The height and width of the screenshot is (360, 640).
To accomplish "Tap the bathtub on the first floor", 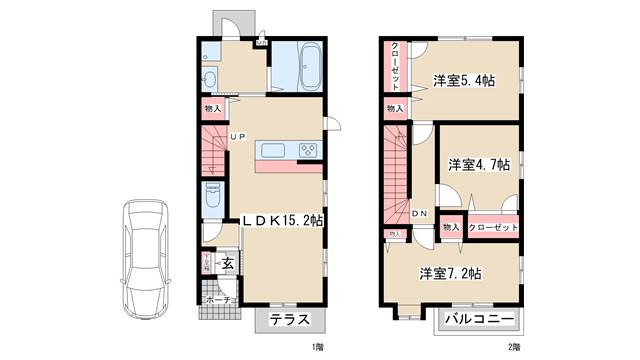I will [298, 66].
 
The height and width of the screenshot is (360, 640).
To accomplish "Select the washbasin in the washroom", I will [211, 80].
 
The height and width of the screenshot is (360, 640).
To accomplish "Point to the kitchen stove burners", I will [309, 151].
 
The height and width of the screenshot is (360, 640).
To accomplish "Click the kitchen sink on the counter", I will [274, 151].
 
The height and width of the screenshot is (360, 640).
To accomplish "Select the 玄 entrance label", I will [227, 264].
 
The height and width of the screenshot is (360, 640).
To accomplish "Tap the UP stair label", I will [238, 137].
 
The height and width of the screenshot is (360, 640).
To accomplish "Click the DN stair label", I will [421, 213].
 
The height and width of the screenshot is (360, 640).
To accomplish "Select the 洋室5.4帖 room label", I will [464, 80].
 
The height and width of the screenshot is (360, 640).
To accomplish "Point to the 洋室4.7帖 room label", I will [479, 165].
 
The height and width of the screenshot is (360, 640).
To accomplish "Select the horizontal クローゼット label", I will [494, 228].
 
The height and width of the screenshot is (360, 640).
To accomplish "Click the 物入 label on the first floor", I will [212, 109].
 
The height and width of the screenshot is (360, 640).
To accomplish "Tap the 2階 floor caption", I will [514, 346].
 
